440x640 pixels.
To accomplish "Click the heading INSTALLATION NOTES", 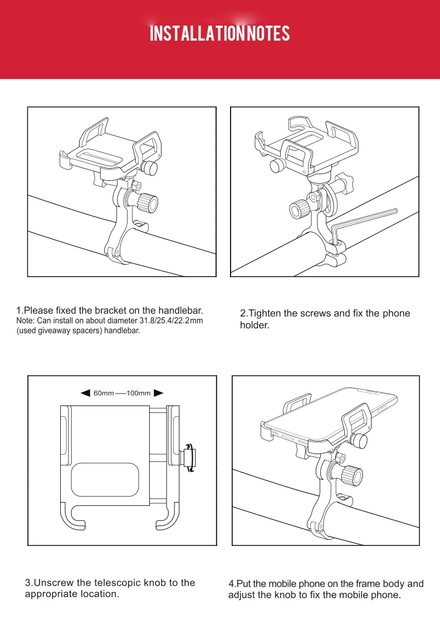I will coord(220,34).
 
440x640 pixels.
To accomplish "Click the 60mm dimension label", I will coord(104,393).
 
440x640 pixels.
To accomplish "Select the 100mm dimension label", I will coord(139,393).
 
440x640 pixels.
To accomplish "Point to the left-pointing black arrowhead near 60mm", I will coord(85,393).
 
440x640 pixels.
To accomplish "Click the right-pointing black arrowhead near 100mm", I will coord(158,393).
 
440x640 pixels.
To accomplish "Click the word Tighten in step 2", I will coord(265,313).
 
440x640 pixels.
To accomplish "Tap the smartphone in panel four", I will coord(329,415).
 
